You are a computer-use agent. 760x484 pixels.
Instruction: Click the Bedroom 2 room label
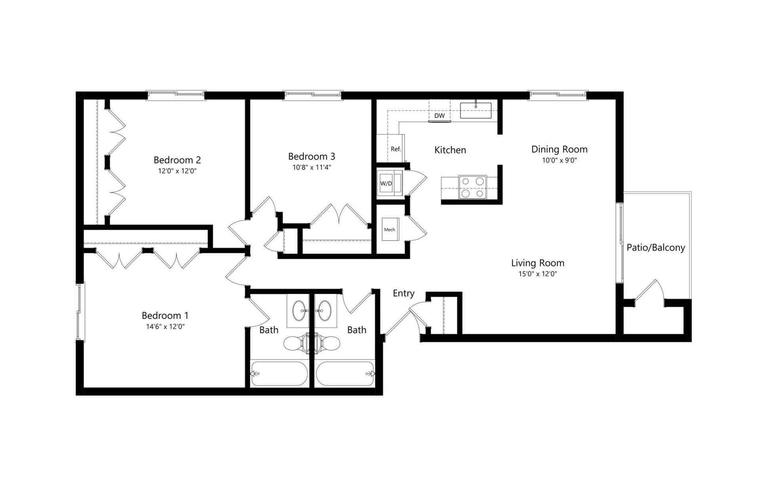(177, 160)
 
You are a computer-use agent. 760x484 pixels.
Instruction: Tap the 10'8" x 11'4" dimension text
(312, 167)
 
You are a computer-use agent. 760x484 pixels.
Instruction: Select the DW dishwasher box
(439, 115)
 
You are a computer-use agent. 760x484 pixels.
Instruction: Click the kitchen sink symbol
(475, 110)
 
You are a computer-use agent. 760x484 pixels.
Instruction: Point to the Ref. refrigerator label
(395, 149)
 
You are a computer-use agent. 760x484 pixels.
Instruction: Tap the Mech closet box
(390, 229)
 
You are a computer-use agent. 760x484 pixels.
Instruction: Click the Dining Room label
(559, 149)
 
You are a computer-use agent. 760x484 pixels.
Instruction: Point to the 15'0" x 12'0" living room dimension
(538, 274)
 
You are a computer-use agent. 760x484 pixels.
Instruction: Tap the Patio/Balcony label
(655, 248)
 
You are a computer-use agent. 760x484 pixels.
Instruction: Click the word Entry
(403, 293)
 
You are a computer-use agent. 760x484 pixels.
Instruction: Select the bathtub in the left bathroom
(279, 373)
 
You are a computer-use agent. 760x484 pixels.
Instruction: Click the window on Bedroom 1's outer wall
(80, 312)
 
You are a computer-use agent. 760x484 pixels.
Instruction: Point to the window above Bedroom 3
(312, 95)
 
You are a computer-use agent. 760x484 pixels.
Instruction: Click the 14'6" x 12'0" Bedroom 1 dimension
(165, 327)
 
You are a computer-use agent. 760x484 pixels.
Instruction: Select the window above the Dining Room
(558, 95)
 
